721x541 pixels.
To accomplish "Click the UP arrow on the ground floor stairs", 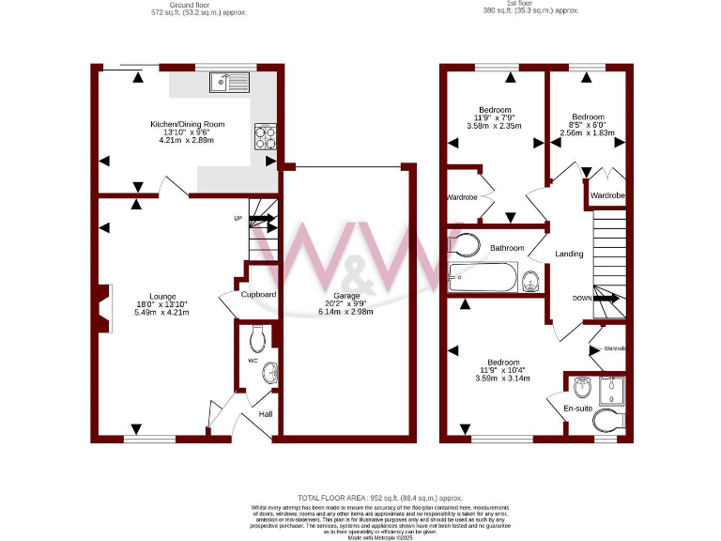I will [x=262, y=222].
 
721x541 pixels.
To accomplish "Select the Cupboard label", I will [x=258, y=294].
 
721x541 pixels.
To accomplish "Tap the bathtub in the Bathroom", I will [x=483, y=276].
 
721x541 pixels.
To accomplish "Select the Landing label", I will [x=569, y=254].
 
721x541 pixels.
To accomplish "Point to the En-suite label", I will [x=576, y=409].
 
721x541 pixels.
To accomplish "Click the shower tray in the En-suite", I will [x=611, y=387].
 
